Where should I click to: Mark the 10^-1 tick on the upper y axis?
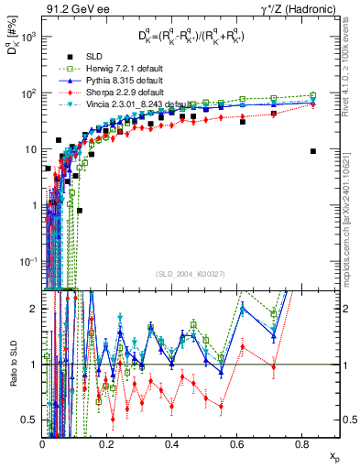[29, 261]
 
